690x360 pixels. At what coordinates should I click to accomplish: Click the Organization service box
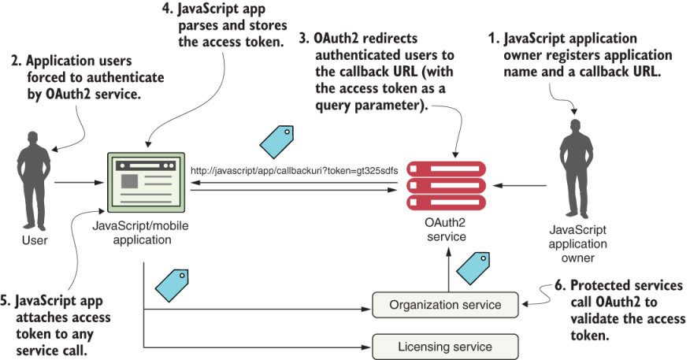445,305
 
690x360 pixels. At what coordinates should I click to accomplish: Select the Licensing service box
445,347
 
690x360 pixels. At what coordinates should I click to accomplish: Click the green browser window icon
146,182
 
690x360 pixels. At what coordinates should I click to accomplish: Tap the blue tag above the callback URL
276,140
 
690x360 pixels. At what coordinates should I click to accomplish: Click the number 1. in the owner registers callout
495,38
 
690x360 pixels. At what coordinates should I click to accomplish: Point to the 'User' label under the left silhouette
34,240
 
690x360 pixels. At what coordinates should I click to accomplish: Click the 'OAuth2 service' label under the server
447,229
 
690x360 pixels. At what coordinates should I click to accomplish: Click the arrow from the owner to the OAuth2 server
521,186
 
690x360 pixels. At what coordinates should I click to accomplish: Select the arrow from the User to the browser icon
79,182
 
